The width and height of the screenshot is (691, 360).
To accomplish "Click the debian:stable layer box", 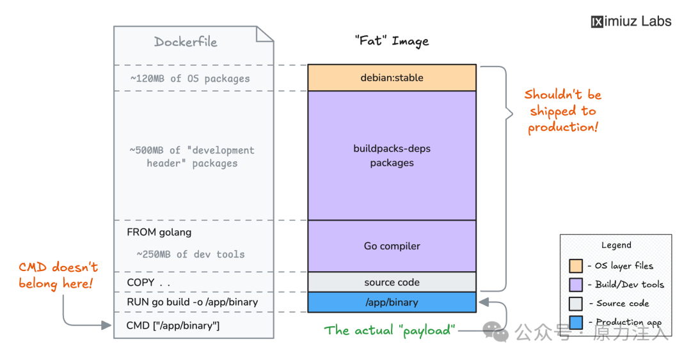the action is coord(392,77).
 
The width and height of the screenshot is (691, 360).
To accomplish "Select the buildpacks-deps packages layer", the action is coord(392,155).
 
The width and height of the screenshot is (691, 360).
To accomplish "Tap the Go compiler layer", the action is coord(392,246).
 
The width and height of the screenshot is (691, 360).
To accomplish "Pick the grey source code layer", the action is coord(392,282).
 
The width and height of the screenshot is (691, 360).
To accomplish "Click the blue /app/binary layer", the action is coord(392,302).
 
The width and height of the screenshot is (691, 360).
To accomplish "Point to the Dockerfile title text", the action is coord(186,42).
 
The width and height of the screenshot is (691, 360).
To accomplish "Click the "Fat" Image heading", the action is coord(392,41).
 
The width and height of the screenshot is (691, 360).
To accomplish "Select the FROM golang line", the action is coord(159,232).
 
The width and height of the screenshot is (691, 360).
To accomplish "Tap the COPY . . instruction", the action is coord(148,283).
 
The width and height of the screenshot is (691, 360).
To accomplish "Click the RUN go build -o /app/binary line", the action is coord(192,302).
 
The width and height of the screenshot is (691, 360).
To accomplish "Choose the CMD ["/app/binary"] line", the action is coord(173,325).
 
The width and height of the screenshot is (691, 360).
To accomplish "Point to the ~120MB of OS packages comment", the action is coord(190,79).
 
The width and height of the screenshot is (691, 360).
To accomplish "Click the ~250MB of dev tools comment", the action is coord(191,254).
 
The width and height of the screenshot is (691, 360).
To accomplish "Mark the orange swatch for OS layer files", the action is coord(576,266).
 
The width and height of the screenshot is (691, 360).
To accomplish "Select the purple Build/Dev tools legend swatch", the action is coord(576,285).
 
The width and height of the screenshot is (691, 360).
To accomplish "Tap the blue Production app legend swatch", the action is coord(576,322).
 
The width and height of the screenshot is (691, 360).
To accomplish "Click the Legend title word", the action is coord(616,245).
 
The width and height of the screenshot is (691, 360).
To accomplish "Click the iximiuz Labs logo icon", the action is coord(597,22).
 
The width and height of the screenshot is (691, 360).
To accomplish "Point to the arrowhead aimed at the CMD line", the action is coord(106,325).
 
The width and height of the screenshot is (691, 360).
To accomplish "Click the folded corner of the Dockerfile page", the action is coord(265,35).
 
